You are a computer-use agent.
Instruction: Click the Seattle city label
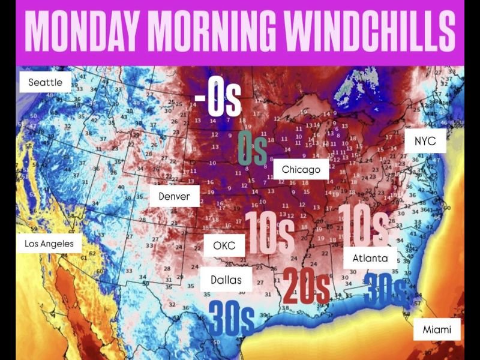[x=45, y=82]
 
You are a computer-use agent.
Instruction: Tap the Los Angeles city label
[x=49, y=244]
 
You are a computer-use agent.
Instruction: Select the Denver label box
[x=174, y=196]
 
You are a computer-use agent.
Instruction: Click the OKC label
[x=224, y=246]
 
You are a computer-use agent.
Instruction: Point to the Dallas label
[x=226, y=280]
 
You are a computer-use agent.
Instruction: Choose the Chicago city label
[x=301, y=170]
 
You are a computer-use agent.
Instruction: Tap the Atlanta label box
[x=370, y=259]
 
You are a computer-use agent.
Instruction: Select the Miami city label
[x=436, y=330]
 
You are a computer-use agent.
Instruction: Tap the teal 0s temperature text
[x=252, y=147]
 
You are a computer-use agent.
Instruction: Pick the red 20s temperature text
[x=306, y=286]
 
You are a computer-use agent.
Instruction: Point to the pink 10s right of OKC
[x=269, y=233]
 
